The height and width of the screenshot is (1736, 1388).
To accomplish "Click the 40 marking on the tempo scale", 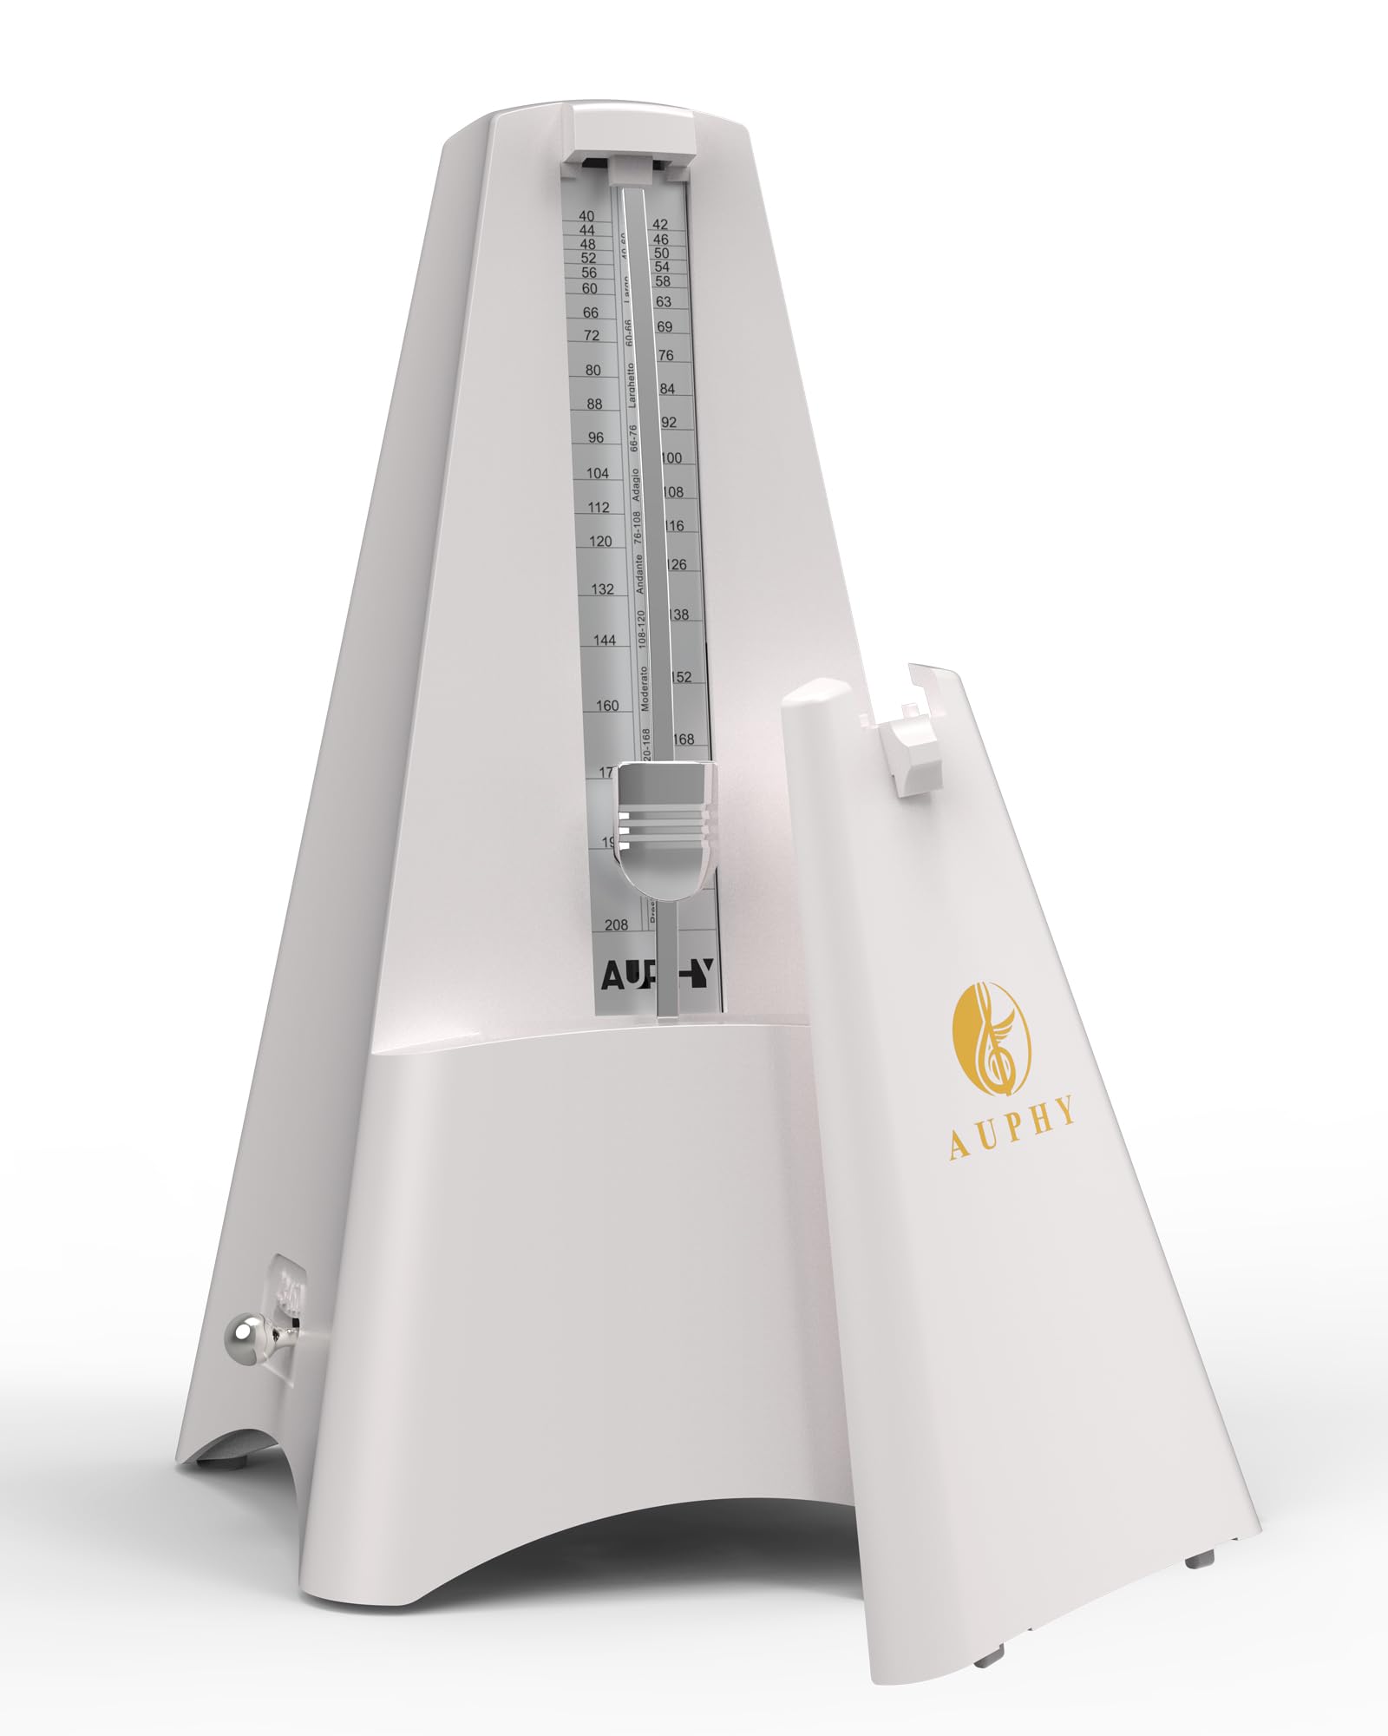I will (x=587, y=216).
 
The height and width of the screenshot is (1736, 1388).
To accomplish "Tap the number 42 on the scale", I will (x=661, y=225).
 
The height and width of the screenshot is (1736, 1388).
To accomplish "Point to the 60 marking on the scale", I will (x=590, y=288).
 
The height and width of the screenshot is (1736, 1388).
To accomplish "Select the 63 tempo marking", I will (x=664, y=302).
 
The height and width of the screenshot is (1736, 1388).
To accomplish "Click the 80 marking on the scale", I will (x=593, y=371).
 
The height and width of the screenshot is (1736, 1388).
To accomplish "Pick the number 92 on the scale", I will (x=669, y=423).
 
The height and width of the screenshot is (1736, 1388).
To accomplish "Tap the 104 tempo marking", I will (x=598, y=473).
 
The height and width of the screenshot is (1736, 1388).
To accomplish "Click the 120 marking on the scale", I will (x=600, y=542).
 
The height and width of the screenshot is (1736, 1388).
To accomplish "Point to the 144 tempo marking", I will (x=605, y=641).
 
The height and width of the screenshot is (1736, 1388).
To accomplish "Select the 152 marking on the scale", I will (x=682, y=677).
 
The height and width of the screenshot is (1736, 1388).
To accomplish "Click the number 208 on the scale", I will (x=616, y=925).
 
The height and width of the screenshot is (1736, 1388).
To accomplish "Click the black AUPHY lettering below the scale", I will (x=659, y=976).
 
